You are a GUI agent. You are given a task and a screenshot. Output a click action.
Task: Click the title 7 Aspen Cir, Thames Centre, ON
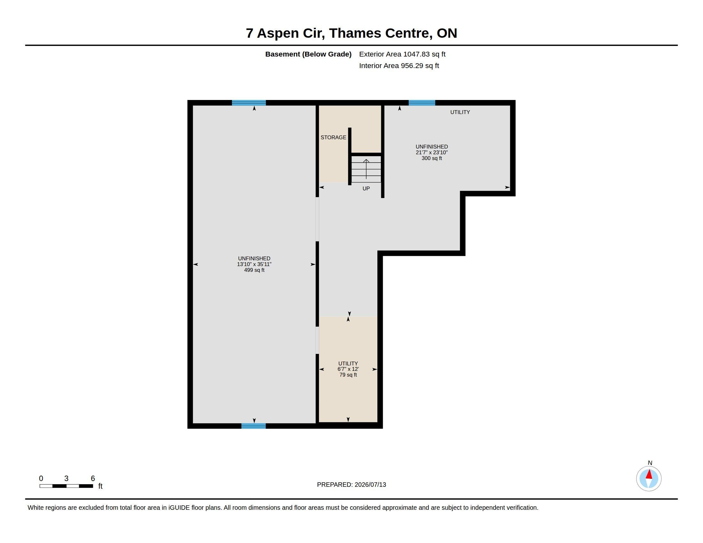coord(351,33)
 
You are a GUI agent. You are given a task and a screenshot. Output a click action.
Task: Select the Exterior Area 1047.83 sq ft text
coord(402,54)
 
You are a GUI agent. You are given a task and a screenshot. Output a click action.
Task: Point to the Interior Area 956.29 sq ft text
coord(399,65)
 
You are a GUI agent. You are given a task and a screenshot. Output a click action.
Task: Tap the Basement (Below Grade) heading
coord(308,54)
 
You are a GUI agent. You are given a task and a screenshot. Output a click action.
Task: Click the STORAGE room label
coord(333,137)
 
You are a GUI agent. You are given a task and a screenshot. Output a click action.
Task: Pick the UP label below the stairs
coord(366,188)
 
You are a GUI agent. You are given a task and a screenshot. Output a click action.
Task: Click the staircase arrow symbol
coord(366,169)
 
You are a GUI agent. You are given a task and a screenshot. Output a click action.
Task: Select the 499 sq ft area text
coord(254,270)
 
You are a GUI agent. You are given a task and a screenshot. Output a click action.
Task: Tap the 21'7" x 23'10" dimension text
coord(432,152)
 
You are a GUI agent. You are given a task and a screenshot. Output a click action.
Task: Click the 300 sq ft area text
coord(432,158)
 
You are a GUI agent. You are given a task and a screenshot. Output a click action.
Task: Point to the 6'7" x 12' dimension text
coord(348,369)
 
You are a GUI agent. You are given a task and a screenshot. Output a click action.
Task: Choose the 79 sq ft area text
coord(348,375)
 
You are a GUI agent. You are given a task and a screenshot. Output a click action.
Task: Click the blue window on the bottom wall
coord(253,426)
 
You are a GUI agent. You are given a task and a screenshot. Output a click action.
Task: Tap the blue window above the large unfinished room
coord(249,103)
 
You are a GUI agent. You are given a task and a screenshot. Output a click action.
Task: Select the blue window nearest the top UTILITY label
coord(422,103)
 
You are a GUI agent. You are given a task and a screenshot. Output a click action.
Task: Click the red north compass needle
coord(649,474)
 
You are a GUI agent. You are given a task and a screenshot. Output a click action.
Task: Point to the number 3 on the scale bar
coord(66,478)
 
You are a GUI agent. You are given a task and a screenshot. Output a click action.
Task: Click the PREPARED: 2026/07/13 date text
coord(351,485)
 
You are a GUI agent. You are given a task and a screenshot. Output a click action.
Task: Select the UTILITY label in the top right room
coord(460,112)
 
